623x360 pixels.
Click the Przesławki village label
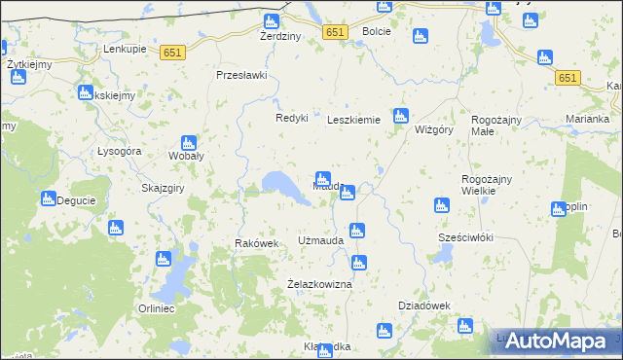[x=241, y=75]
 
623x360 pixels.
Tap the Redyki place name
[x=291, y=118]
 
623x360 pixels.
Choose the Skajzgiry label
[x=164, y=188]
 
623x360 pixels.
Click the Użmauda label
[x=320, y=240]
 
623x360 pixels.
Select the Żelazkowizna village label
[x=318, y=284]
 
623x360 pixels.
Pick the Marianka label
[x=587, y=120]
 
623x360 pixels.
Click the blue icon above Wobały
[x=188, y=142]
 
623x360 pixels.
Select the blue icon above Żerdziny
[x=272, y=21]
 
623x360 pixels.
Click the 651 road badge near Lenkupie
[x=174, y=53]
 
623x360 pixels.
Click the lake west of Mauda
[x=280, y=184]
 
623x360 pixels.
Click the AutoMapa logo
[x=562, y=341]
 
